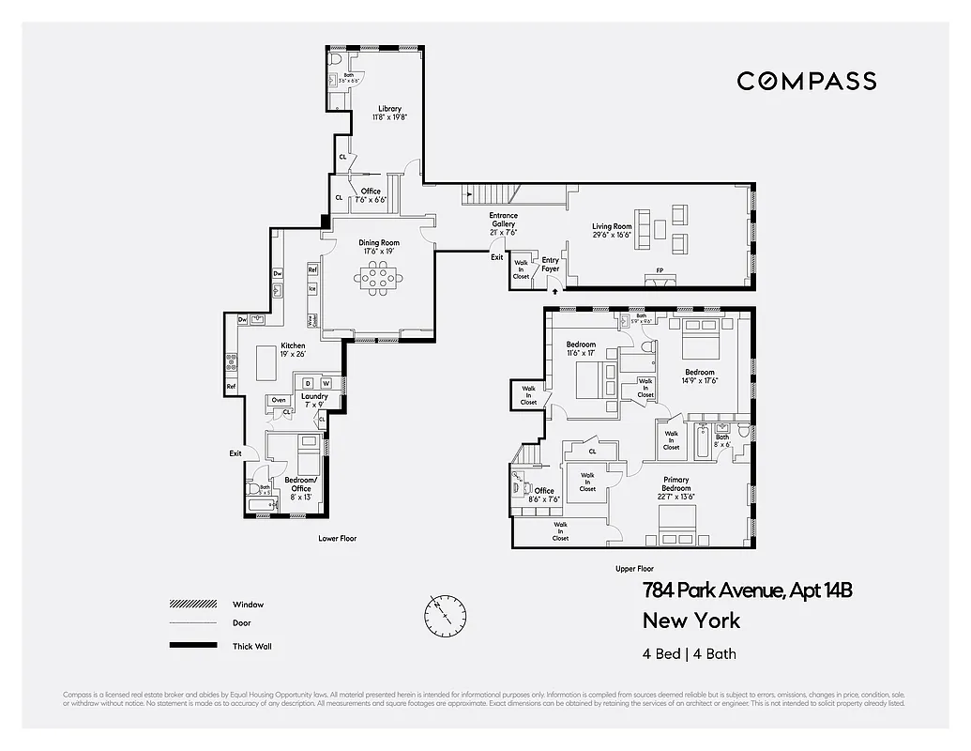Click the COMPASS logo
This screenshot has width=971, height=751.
click(x=806, y=81)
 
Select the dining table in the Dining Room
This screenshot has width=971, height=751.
click(x=380, y=277)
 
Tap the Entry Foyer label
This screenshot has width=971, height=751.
click(x=550, y=265)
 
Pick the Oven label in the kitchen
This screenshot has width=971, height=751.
click(x=279, y=400)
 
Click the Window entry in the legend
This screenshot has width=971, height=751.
click(x=248, y=605)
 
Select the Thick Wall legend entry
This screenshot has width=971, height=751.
click(x=251, y=646)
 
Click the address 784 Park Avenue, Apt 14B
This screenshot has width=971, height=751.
click(x=747, y=590)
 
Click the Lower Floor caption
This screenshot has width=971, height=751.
click(x=337, y=539)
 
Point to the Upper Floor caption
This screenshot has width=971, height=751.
click(x=634, y=569)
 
